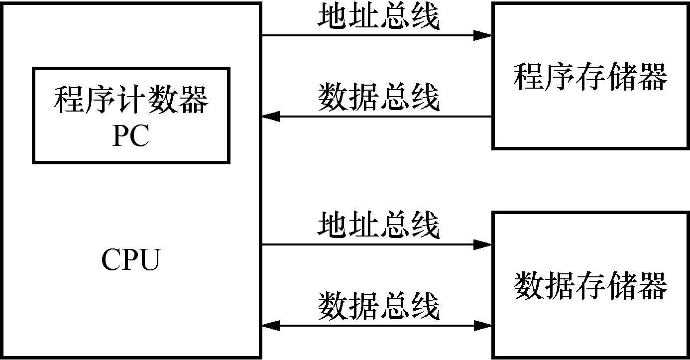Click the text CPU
[131, 260]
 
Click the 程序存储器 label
[590, 77]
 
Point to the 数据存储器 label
[590, 286]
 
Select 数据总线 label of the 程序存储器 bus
[378, 98]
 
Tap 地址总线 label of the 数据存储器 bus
[378, 225]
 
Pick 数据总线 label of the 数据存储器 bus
[378, 307]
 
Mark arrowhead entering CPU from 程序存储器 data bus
[272, 117]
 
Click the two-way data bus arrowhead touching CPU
[272, 326]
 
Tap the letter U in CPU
[150, 260]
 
